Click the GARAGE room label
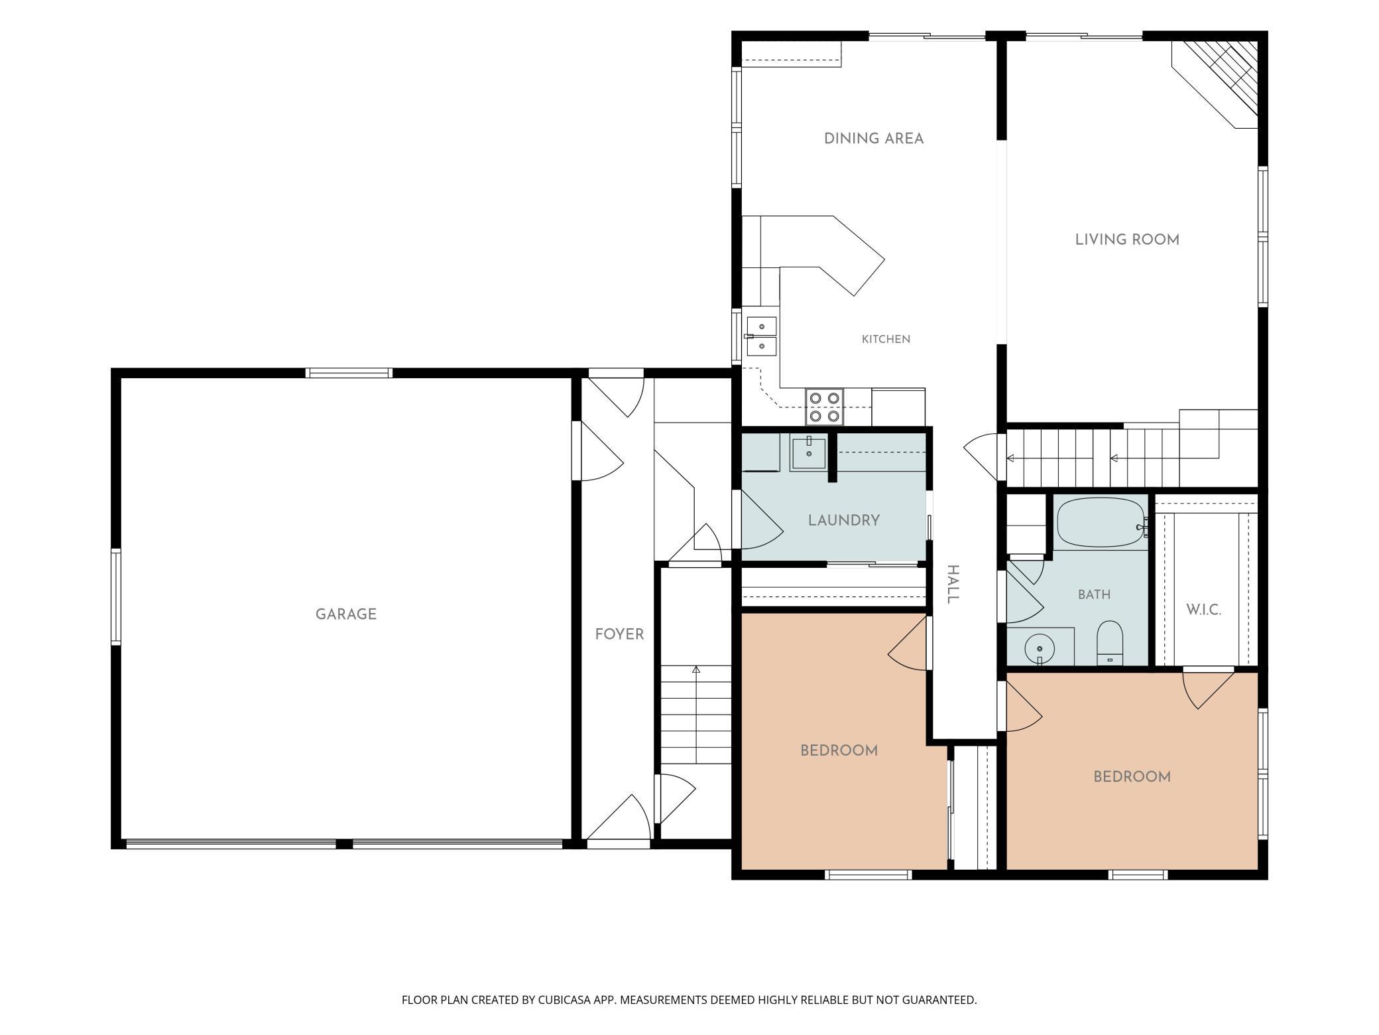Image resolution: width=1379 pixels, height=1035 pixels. (346, 614)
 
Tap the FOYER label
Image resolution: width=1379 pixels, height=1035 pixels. (619, 634)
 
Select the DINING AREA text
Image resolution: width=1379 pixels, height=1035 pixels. (874, 139)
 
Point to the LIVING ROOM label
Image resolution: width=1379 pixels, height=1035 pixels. (1127, 240)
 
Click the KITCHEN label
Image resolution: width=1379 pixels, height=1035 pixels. (886, 339)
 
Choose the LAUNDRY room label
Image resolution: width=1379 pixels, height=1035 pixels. (844, 520)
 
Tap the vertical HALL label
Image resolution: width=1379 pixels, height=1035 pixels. (952, 585)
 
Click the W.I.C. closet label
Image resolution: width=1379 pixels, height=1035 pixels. (1203, 610)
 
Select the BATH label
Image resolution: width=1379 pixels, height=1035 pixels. (1094, 594)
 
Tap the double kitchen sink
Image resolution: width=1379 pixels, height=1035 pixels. (761, 336)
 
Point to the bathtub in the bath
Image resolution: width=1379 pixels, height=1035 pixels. (1101, 523)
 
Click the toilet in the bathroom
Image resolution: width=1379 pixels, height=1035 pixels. (1109, 643)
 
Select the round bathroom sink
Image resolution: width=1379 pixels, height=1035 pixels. (1040, 648)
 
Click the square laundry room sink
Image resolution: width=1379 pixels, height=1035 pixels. (809, 453)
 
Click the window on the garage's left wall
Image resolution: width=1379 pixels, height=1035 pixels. (116, 596)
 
